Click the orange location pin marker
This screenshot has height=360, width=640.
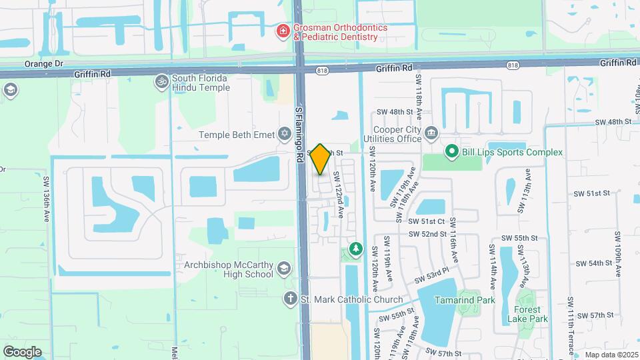click(320, 159)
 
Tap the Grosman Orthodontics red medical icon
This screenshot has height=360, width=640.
click(283, 31)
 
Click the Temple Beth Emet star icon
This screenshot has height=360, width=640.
click(285, 135)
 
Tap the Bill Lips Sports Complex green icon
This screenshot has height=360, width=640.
click(451, 152)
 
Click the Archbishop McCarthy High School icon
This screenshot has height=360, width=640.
click(283, 269)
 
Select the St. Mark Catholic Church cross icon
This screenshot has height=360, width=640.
click(290, 299)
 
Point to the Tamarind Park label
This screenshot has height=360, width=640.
click(465, 300)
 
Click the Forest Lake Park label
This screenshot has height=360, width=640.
click(531, 315)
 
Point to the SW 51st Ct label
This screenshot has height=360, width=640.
click(427, 221)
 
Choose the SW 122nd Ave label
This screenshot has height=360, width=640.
click(339, 193)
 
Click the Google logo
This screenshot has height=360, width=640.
click(22, 352)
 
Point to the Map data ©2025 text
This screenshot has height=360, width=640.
click(610, 355)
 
